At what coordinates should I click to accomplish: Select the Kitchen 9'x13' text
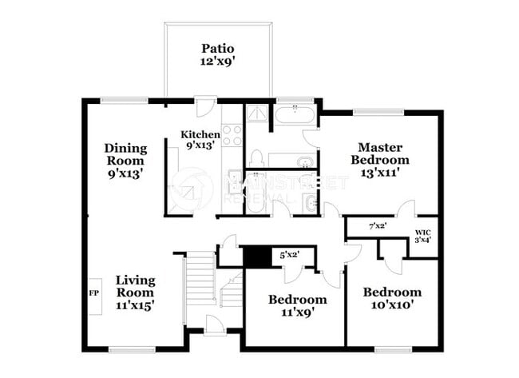[200, 139]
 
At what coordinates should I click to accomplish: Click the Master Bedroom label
[378, 158]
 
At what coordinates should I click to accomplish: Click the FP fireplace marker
[93, 292]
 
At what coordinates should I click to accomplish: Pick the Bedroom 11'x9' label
[297, 305]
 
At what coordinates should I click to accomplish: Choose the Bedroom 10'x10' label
[391, 298]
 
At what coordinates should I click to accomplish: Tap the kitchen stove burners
[232, 135]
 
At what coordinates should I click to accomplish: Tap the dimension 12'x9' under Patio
[217, 61]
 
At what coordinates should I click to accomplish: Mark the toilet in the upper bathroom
[304, 165]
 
